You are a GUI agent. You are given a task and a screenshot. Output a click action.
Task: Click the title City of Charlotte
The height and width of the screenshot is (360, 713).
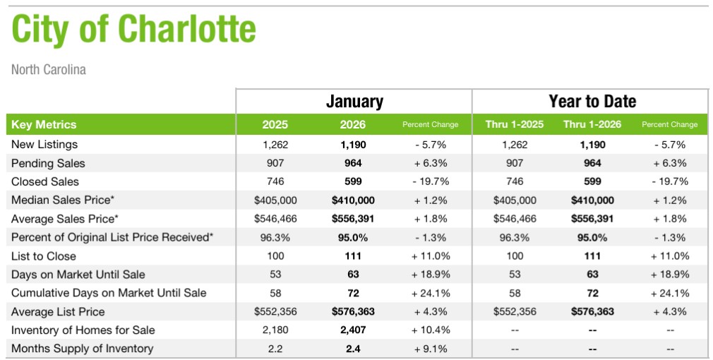pyautogui.click(x=134, y=30)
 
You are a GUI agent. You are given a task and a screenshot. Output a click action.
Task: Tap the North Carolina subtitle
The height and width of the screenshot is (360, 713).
pyautogui.click(x=49, y=70)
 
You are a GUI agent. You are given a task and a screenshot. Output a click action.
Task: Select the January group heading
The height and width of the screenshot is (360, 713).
pyautogui.click(x=354, y=101)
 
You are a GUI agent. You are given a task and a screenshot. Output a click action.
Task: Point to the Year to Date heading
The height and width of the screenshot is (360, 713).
pyautogui.click(x=592, y=101)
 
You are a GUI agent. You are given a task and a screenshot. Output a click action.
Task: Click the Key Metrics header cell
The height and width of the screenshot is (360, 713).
pyautogui.click(x=44, y=125)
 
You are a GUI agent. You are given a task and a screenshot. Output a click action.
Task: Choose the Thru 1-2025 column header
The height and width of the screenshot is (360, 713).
pyautogui.click(x=515, y=125)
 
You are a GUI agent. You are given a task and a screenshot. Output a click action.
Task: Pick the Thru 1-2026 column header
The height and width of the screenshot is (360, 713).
pyautogui.click(x=592, y=125)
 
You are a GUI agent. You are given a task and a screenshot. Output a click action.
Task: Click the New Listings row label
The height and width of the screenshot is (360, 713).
pyautogui.click(x=43, y=145)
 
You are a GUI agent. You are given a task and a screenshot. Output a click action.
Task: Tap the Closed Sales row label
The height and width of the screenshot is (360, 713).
pyautogui.click(x=45, y=181)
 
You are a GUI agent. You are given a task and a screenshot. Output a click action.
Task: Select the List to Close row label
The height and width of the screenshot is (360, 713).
pyautogui.click(x=44, y=256)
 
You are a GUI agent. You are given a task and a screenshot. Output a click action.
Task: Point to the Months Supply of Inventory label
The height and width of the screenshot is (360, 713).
pyautogui.click(x=82, y=349)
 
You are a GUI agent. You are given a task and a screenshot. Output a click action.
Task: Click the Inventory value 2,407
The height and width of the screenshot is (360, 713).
pyautogui.click(x=353, y=330)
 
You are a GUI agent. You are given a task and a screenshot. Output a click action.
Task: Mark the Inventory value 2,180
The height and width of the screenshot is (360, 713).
pyautogui.click(x=275, y=330)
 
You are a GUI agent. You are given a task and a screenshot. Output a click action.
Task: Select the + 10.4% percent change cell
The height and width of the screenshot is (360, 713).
pyautogui.click(x=431, y=330)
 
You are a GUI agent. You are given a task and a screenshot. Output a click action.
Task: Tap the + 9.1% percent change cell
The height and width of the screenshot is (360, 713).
pyautogui.click(x=431, y=349)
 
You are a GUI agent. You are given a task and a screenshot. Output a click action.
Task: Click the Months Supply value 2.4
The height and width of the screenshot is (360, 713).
pyautogui.click(x=353, y=349)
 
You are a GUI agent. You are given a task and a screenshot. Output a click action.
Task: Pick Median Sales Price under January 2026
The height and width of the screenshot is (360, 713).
pyautogui.click(x=353, y=200)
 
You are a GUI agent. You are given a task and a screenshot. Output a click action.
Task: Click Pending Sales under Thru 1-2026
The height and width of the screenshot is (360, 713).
pyautogui.click(x=592, y=163)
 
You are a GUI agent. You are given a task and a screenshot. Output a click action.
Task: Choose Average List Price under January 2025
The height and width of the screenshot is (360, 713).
pyautogui.click(x=275, y=312)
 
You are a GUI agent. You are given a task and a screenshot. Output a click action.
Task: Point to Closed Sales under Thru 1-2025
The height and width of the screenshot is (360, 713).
pyautogui.click(x=515, y=181)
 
